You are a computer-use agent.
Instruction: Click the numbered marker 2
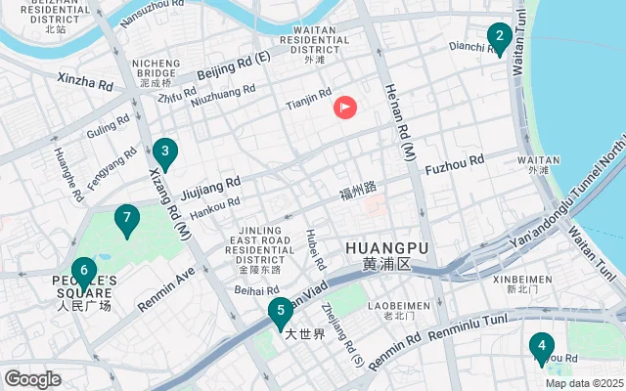click(x=499, y=39)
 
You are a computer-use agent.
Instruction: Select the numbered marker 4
click(x=540, y=347)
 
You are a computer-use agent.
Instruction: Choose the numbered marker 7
click(x=126, y=220)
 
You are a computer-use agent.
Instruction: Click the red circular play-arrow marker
click(x=345, y=108)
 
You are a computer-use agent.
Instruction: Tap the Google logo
click(x=32, y=379)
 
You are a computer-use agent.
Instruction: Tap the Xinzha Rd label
click(x=84, y=81)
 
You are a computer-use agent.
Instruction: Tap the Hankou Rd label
click(x=214, y=208)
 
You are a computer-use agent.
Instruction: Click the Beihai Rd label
click(x=258, y=290)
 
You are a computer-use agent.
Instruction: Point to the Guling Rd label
click(x=108, y=127)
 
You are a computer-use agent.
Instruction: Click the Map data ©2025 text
click(x=584, y=383)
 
